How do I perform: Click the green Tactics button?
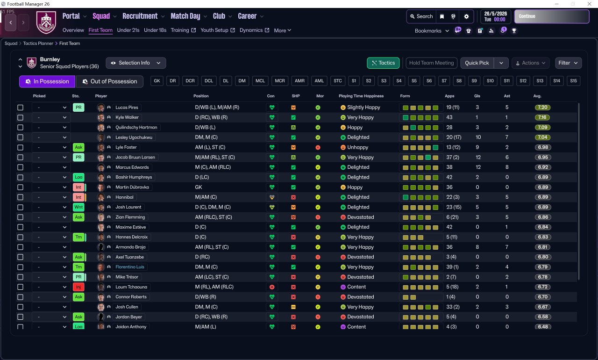point(383,63)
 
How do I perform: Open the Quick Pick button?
point(477,63)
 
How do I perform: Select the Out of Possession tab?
point(110,81)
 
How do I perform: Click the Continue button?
point(552,16)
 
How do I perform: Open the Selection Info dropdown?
point(136,63)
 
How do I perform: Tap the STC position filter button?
point(338,81)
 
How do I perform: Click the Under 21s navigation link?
point(128,30)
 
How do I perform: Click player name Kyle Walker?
point(127,117)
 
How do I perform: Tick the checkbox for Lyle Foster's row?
point(20,147)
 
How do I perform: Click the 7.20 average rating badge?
point(542,108)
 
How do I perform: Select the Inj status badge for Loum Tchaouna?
point(78,287)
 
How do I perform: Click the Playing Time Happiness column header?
point(361,96)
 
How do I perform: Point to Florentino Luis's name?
point(130,267)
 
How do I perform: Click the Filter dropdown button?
point(568,63)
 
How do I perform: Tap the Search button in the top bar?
point(421,16)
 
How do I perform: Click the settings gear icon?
point(466,16)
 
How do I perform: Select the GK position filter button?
point(157,81)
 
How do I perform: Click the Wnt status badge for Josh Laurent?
point(78,207)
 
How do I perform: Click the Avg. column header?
point(537,96)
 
